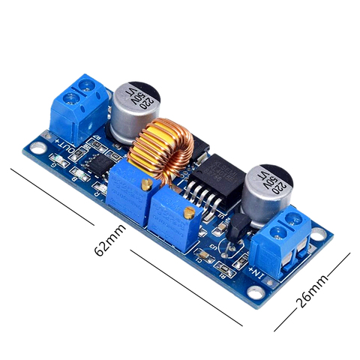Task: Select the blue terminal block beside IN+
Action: (288, 240)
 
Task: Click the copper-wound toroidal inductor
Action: (160, 151)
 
